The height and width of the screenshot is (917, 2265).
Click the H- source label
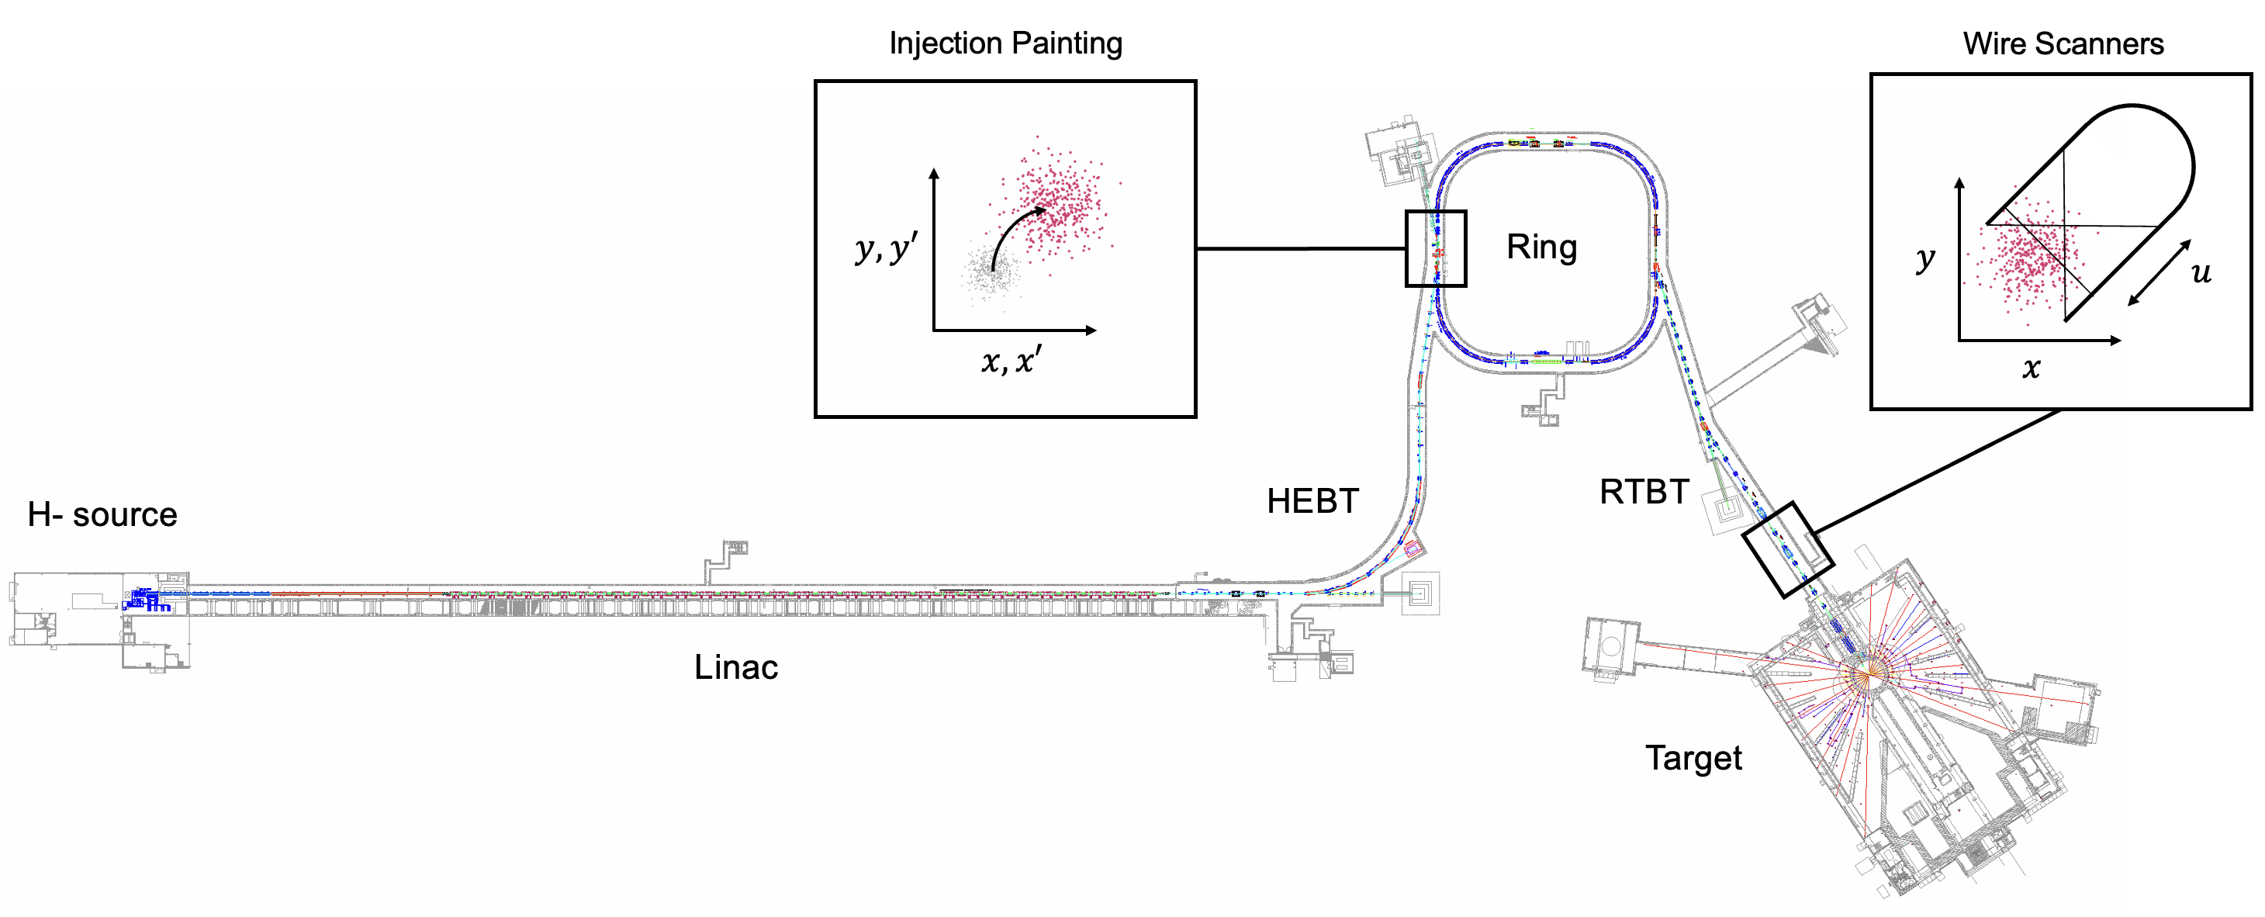pyautogui.click(x=102, y=514)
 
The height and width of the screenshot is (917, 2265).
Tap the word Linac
pyautogui.click(x=735, y=667)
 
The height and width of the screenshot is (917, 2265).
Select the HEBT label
pyautogui.click(x=1312, y=501)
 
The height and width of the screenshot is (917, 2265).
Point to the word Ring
pyautogui.click(x=1541, y=247)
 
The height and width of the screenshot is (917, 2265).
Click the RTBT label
pyautogui.click(x=1644, y=491)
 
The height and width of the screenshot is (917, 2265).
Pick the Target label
pyautogui.click(x=1693, y=758)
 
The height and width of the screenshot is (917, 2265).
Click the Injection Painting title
pyautogui.click(x=1005, y=43)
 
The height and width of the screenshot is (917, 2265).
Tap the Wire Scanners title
pyautogui.click(x=2063, y=43)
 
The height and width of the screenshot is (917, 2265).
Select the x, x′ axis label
pyautogui.click(x=1011, y=361)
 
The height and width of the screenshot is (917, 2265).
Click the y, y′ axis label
pyautogui.click(x=885, y=249)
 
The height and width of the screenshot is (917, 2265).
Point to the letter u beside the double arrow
pyautogui.click(x=2201, y=272)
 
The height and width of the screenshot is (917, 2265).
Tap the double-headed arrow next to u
pyautogui.click(x=2159, y=273)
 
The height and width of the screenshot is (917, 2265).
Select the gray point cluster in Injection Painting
pyautogui.click(x=990, y=272)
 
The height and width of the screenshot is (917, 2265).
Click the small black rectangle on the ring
pyautogui.click(x=1436, y=249)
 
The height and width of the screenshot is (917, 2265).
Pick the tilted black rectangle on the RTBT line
pyautogui.click(x=1787, y=549)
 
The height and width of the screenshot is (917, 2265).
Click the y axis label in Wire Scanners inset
pyautogui.click(x=1924, y=258)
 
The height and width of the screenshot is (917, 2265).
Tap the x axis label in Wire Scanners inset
pyautogui.click(x=2030, y=368)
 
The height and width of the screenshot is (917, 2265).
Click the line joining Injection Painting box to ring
pyautogui.click(x=1302, y=249)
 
